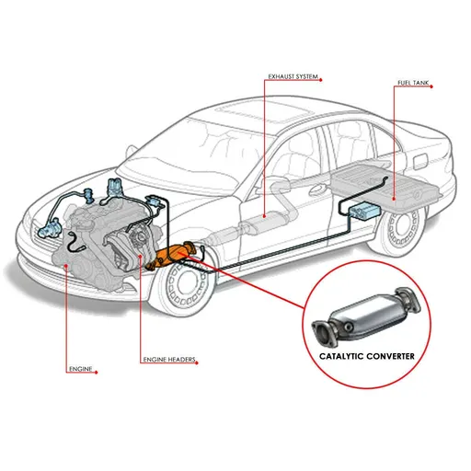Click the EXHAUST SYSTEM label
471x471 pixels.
[293, 76]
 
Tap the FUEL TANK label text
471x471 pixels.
[413, 83]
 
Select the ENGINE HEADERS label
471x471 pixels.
[169, 360]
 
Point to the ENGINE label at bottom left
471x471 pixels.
[81, 369]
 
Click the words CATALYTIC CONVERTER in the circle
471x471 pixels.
[367, 356]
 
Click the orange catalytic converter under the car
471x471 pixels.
[172, 255]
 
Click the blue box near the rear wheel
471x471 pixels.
[364, 211]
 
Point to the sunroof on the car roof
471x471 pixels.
[264, 111]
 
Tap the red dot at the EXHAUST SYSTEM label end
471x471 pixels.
[321, 80]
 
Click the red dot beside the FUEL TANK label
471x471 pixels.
[431, 86]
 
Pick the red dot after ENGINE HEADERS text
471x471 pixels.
[197, 363]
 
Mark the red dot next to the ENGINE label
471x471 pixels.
[97, 373]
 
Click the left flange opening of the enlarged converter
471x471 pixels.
[322, 334]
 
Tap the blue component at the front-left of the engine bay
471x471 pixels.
[49, 228]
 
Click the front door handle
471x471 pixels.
[316, 190]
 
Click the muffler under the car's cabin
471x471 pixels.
[265, 221]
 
